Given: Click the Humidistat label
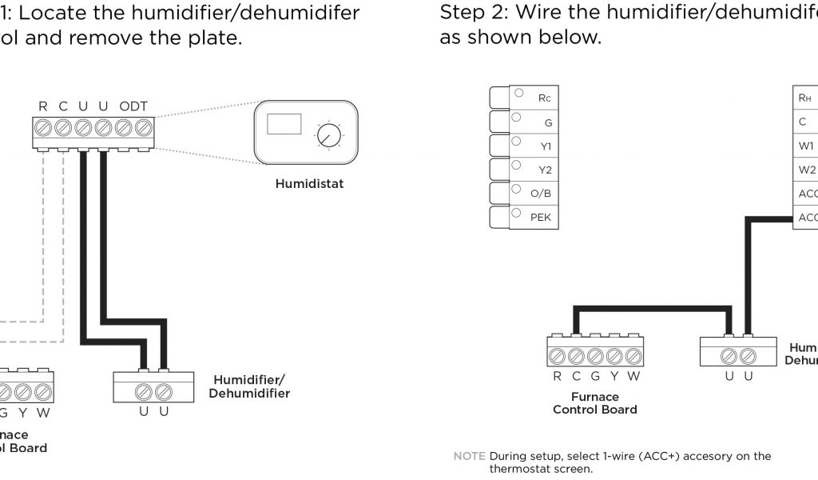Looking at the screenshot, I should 309,184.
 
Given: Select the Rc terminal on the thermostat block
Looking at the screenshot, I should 544,98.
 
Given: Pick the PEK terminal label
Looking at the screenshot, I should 541,218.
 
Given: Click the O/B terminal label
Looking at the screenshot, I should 541,194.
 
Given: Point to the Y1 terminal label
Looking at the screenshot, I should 545,146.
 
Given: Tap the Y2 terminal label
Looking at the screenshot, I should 545,170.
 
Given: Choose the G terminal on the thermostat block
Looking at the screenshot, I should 548,122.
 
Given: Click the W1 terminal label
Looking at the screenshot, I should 806,146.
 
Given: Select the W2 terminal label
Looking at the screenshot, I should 807,170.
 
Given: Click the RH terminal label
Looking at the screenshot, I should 804,98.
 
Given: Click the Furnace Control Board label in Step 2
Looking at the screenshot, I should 595,403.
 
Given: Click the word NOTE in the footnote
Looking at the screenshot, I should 469,456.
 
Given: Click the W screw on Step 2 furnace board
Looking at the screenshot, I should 634,355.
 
